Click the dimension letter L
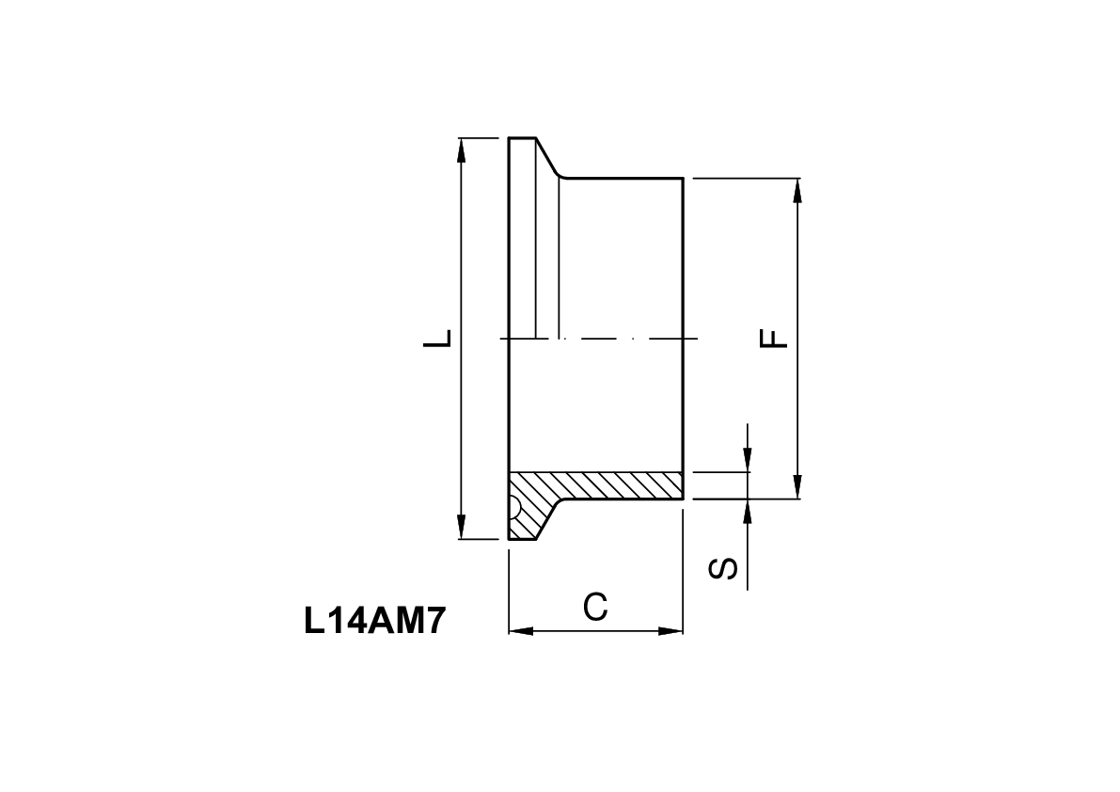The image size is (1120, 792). (438, 338)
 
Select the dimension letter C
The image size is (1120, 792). (594, 608)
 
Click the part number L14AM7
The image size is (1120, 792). (373, 622)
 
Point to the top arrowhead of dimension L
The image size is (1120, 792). (461, 150)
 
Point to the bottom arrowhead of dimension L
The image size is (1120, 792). (461, 528)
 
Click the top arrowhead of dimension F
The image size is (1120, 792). (797, 190)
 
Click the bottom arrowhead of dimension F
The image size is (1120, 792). (797, 487)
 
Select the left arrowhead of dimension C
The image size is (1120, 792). (520, 630)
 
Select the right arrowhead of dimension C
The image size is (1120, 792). (671, 630)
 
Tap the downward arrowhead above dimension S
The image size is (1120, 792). (747, 458)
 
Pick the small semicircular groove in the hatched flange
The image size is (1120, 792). (514, 509)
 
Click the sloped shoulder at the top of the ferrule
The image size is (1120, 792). (548, 158)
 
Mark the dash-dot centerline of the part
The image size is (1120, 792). (611, 338)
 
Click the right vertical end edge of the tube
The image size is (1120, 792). (682, 282)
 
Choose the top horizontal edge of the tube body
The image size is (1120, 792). (621, 177)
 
